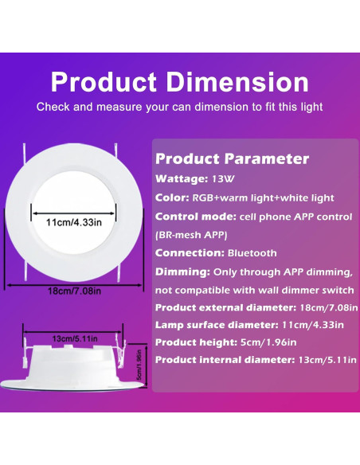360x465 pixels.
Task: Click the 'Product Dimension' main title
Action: [x=179, y=82]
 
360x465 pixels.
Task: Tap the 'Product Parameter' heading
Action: [x=232, y=158]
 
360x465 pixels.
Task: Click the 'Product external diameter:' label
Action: [x=233, y=307]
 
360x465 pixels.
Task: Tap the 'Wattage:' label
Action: [x=182, y=178]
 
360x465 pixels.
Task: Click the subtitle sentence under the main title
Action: [x=179, y=107]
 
